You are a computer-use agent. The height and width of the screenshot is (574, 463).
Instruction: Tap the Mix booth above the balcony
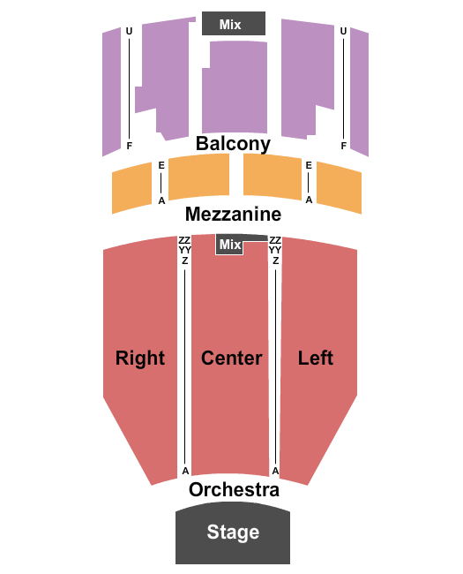coord(234,24)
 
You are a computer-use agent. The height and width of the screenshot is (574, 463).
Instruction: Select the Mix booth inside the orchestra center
coord(229,244)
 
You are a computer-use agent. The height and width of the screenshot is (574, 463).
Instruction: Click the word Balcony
coord(233,144)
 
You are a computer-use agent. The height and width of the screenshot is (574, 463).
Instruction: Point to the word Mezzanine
coord(233,215)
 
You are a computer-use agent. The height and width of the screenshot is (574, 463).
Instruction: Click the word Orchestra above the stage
coord(234,489)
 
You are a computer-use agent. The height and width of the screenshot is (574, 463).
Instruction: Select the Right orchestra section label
coord(140,358)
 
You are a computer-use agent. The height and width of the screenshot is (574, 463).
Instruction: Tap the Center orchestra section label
coord(231,358)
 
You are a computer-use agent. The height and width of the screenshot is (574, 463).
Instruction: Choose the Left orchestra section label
coord(315,358)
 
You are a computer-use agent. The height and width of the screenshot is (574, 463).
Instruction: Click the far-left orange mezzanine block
coord(131,188)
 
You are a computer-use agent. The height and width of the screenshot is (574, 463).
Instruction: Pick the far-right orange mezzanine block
coord(339,187)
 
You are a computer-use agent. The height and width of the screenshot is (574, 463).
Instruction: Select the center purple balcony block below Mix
coord(235,87)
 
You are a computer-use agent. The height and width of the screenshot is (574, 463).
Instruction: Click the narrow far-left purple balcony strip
coord(111,92)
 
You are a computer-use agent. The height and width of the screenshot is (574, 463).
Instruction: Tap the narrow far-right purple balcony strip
coord(359,92)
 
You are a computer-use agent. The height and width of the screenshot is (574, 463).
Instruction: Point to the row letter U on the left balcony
coord(129,32)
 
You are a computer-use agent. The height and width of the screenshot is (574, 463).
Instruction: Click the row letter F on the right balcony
coord(343,146)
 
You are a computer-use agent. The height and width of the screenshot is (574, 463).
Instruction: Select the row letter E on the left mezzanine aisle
coord(161,165)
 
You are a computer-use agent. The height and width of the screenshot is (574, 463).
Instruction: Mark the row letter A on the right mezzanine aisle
coord(309,200)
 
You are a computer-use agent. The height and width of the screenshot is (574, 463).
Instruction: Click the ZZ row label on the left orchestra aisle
coord(184,240)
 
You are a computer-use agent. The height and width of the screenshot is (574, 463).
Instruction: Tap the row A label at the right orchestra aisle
coord(276,471)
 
